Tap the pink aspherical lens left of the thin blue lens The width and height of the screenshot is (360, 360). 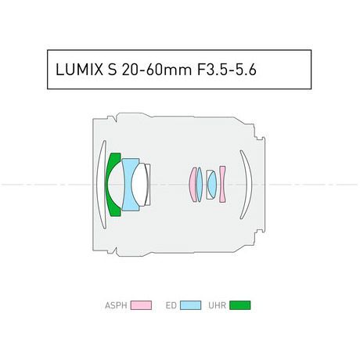click(193, 185)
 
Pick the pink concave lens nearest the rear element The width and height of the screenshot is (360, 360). click(222, 184)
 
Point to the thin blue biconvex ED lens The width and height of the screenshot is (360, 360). click(200, 185)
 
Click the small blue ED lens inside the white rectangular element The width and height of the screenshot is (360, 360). click(212, 185)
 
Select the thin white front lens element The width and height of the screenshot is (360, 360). click(100, 185)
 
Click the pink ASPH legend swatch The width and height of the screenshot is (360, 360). click(141, 305)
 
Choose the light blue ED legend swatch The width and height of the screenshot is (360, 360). click(191, 305)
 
